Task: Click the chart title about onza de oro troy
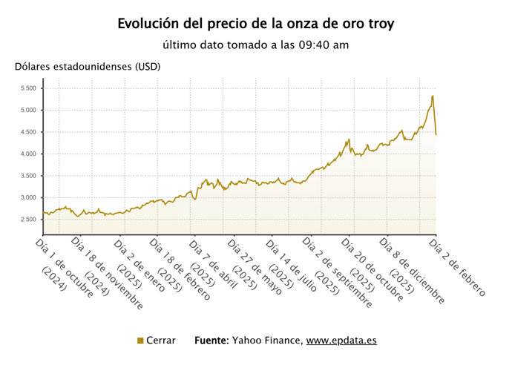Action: pos(256,24)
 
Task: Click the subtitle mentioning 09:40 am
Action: pos(256,45)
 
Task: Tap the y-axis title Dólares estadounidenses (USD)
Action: pos(88,66)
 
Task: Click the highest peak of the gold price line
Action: pos(433,96)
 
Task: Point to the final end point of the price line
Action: pos(436,134)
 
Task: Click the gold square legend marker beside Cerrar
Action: pos(140,341)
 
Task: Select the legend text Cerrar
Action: pos(161,341)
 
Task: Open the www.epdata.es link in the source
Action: pos(341,341)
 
